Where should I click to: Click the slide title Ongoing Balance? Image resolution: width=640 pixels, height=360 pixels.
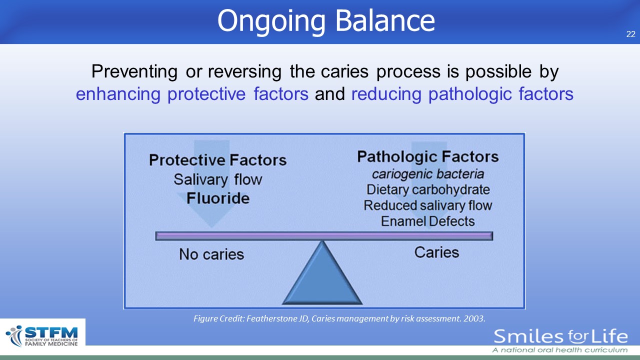click(326, 21)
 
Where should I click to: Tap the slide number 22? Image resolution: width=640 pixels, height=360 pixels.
click(631, 34)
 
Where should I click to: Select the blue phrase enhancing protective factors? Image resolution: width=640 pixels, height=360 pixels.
click(192, 94)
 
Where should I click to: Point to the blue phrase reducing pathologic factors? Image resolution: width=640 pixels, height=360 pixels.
click(462, 94)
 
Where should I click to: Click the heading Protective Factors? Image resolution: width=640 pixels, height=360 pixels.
click(217, 159)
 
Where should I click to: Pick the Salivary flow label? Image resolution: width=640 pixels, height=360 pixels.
click(217, 179)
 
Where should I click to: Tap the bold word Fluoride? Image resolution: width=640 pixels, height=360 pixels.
click(218, 198)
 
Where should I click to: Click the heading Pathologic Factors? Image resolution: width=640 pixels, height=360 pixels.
click(427, 156)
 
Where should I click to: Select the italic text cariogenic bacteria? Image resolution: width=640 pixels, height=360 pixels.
click(427, 174)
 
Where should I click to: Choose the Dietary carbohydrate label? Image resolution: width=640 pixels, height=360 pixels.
click(428, 189)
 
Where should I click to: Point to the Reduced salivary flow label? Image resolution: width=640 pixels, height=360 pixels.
click(427, 205)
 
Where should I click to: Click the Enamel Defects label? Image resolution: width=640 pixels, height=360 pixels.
click(427, 221)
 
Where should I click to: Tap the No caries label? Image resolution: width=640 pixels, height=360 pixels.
click(211, 254)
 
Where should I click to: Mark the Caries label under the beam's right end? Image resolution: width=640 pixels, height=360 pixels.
click(436, 252)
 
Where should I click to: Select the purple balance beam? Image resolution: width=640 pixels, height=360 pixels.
click(324, 236)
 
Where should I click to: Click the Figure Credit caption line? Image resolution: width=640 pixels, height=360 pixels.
click(339, 318)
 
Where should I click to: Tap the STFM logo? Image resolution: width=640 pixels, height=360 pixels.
click(42, 335)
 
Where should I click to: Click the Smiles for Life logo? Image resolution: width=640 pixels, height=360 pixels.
click(560, 336)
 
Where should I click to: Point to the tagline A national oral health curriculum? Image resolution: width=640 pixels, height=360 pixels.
click(559, 350)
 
